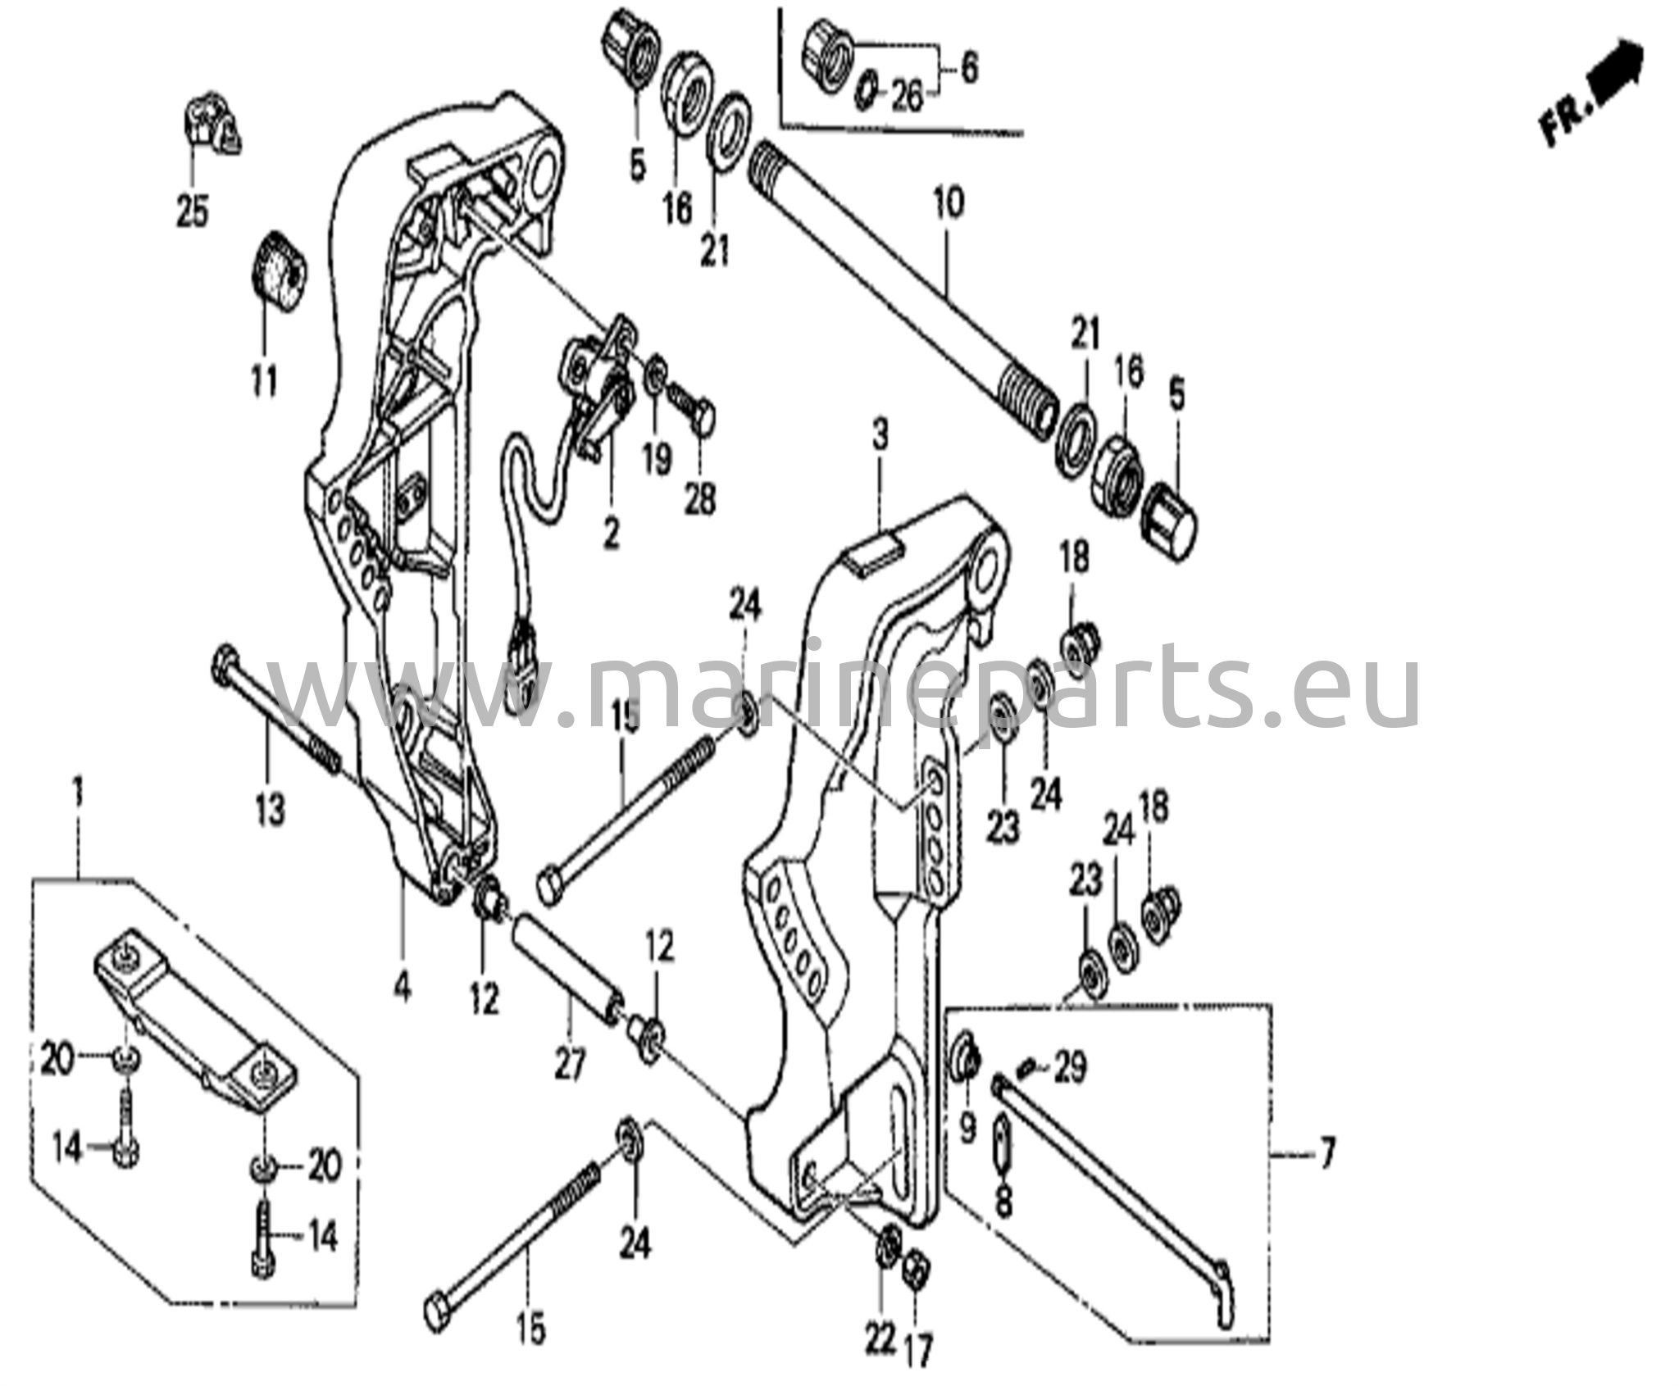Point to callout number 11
pos(264,381)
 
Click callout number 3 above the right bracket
pos(880,434)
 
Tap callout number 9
pos(967,1129)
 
